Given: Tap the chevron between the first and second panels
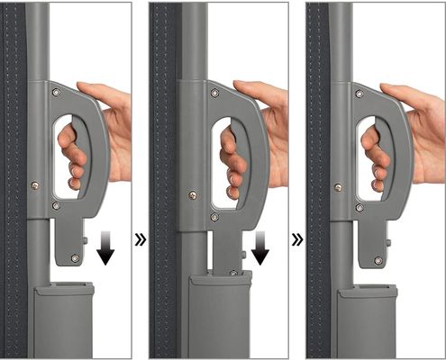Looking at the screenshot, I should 140,240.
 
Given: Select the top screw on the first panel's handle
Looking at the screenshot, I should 57,93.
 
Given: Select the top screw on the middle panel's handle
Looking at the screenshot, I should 214,93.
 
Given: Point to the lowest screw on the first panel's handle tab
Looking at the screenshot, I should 75,259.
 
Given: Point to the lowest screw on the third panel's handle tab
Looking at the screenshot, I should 378,260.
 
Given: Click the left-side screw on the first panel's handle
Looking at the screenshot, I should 35,185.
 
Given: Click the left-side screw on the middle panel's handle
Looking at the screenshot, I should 192,193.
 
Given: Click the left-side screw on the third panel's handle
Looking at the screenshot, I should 338,187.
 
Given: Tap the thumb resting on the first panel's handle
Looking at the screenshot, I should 95,90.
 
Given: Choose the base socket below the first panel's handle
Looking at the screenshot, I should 63,319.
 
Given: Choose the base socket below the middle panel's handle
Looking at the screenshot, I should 219,315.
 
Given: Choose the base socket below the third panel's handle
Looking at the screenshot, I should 366,319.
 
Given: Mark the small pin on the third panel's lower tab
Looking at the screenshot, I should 389,241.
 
